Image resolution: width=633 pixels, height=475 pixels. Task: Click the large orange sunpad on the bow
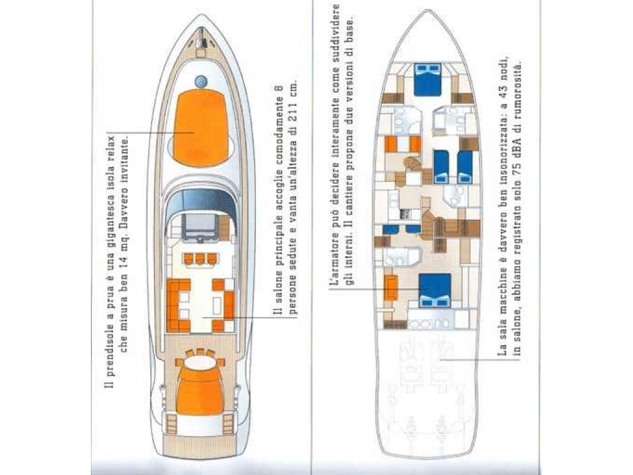coord(201,127)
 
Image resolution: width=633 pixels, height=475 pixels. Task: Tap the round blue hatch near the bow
coord(201,82)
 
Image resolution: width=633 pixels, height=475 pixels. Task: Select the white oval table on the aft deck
coord(200,362)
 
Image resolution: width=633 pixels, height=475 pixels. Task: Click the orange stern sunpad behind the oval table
coord(200,392)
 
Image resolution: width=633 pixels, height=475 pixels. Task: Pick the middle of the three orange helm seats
coord(200,258)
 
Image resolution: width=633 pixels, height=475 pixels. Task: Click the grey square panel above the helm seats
coord(201,227)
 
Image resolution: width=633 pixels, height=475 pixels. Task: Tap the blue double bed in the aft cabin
coord(435,291)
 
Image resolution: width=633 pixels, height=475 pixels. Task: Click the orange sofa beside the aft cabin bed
coord(391,288)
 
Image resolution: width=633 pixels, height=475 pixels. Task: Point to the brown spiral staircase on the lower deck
coord(412,165)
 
